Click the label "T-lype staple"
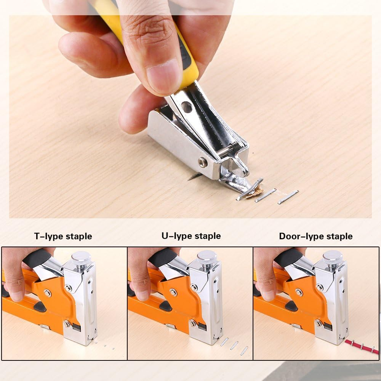[x=63, y=236]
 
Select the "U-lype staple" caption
[x=191, y=236]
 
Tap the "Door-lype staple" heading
[x=316, y=236]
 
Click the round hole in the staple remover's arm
[x=186, y=107]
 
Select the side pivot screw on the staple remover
[x=203, y=162]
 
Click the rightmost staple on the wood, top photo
[x=288, y=197]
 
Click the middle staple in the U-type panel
[x=234, y=345]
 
